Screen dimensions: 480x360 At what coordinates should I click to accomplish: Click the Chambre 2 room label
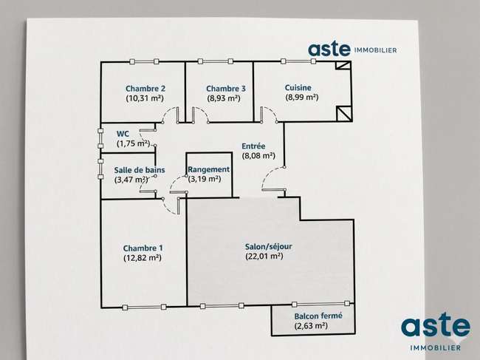click(x=145, y=89)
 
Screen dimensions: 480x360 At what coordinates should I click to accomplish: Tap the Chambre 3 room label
click(x=226, y=89)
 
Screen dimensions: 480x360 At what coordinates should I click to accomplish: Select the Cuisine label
click(x=298, y=88)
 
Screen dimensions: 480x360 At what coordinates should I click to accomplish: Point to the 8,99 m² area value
click(x=302, y=98)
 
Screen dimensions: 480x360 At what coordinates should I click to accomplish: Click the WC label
click(x=123, y=134)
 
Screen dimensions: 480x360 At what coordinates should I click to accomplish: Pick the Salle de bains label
click(x=140, y=170)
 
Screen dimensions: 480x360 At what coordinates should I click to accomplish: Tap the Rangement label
click(x=209, y=169)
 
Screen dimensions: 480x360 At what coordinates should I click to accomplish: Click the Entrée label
click(x=253, y=146)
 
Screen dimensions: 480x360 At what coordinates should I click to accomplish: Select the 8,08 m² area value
click(x=258, y=156)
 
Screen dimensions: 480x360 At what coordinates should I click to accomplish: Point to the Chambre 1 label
click(x=143, y=248)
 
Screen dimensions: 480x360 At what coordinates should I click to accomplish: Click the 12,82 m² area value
click(x=143, y=258)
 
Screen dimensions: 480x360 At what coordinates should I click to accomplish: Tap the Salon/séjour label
click(x=269, y=247)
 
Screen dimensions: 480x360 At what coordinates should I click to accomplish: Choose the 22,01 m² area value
click(x=264, y=256)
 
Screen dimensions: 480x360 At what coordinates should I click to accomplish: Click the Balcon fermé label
click(x=318, y=316)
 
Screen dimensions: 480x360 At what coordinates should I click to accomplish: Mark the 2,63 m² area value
click(x=311, y=326)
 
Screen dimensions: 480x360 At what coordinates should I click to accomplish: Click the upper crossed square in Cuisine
click(x=343, y=65)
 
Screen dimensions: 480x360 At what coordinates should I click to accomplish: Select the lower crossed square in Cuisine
click(x=344, y=113)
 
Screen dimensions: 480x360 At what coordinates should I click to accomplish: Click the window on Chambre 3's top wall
click(x=215, y=61)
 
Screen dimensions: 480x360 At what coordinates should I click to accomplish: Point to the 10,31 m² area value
click(x=145, y=98)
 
